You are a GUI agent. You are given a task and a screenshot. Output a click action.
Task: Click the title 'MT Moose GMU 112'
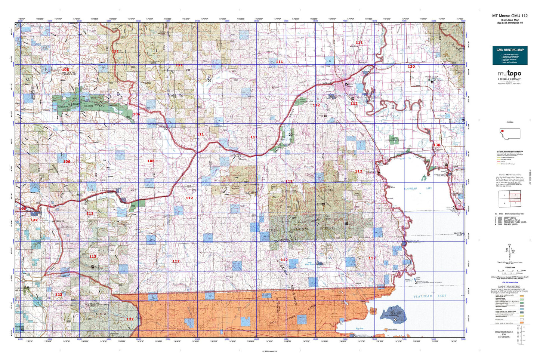510,16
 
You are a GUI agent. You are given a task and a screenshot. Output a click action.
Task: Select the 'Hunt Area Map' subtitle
510,20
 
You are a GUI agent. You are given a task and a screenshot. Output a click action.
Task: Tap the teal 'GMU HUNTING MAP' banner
510,50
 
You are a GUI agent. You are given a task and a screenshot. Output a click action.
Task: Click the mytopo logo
509,74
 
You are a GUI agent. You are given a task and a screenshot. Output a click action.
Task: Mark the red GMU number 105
23,209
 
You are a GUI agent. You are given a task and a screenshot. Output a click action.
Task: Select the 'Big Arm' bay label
359,329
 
